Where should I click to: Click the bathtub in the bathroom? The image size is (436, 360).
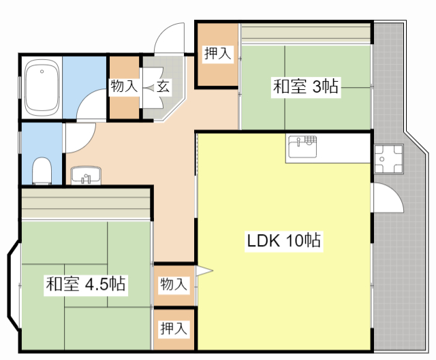pos(42,88)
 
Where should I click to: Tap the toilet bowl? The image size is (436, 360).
pos(42,171)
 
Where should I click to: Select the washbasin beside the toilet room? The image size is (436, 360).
pos(85,176)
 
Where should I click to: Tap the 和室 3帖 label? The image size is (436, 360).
pos(306,87)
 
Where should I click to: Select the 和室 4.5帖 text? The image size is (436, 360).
pos(85,284)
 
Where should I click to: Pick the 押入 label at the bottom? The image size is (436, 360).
pos(174,329)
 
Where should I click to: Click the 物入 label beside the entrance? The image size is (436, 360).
pos(124,86)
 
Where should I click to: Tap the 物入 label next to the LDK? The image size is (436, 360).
pos(174,284)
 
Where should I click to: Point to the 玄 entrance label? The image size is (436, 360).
pos(163,86)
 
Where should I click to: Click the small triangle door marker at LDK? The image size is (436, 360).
pos(204,272)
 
